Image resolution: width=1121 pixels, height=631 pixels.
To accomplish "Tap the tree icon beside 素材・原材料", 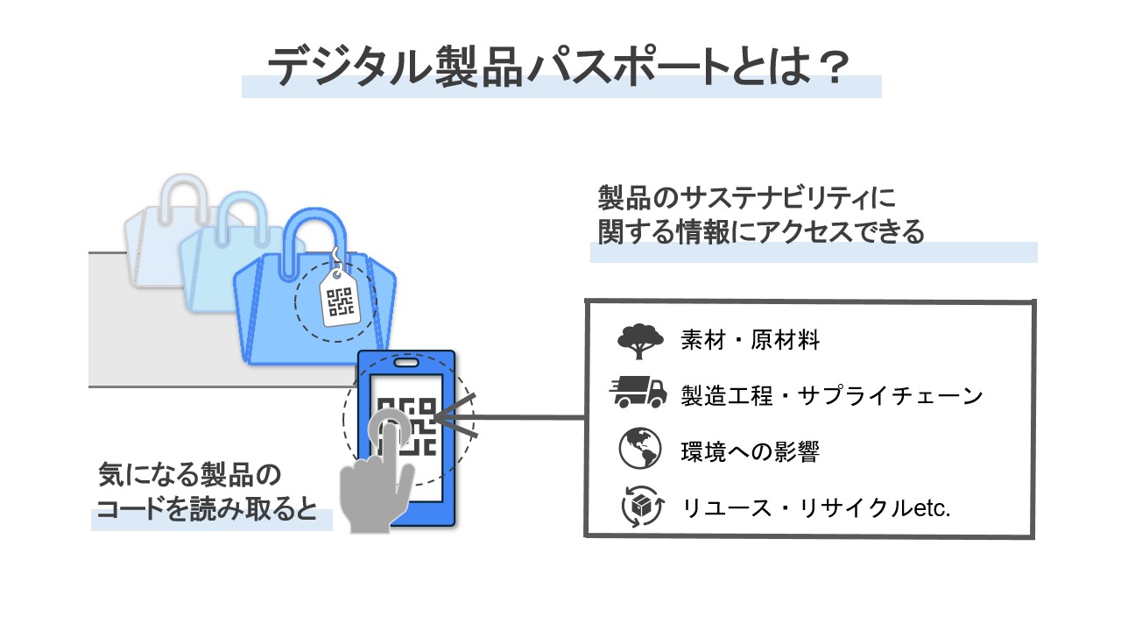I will [639, 341].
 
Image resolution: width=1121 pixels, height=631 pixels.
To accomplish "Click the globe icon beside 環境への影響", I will [639, 450].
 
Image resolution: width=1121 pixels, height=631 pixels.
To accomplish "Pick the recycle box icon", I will [639, 507].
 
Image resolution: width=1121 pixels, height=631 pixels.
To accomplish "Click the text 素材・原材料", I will [750, 341].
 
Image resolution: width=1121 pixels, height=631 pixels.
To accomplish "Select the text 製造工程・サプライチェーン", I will [832, 395].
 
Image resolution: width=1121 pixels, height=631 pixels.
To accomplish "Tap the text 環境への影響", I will [750, 451].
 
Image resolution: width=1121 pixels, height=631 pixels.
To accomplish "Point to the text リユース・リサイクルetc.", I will [815, 507].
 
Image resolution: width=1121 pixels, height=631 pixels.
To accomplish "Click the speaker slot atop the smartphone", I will [406, 362].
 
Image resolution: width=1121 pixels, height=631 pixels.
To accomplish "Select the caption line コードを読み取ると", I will [206, 511].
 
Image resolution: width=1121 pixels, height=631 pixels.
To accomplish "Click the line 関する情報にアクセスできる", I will [761, 231].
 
